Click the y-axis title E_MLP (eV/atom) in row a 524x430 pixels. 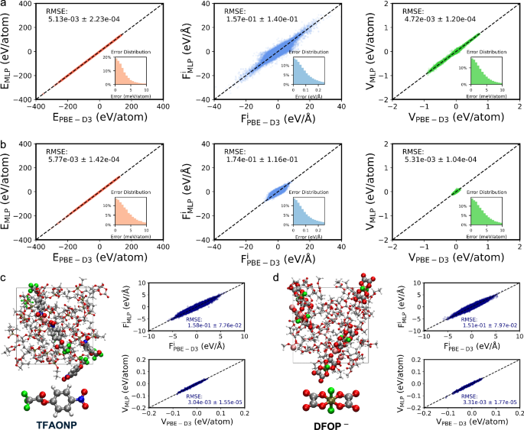(x=7, y=51)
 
